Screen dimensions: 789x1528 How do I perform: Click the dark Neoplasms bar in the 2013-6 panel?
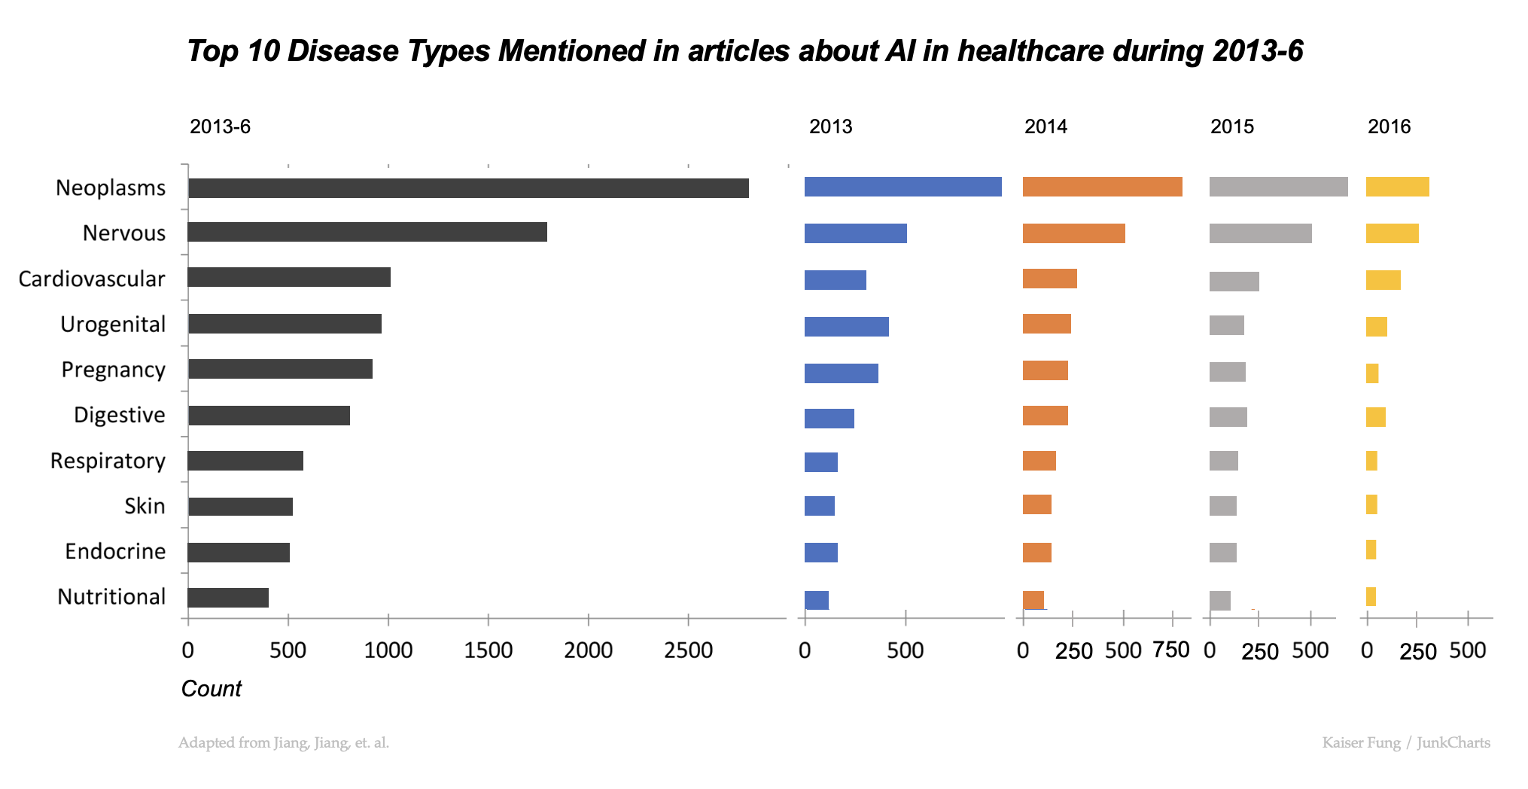468,188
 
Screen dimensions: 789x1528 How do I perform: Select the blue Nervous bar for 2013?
855,233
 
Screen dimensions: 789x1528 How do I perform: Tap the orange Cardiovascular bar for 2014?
1049,279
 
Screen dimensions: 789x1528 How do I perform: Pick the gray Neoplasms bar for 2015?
1278,187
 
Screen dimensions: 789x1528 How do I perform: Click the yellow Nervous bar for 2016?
1392,233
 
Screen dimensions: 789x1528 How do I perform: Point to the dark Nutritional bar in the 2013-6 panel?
228,598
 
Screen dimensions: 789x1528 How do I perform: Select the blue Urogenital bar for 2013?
846,327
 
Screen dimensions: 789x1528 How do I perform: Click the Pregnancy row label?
113,370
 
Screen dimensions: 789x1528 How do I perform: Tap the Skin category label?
145,506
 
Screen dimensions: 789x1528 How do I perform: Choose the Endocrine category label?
115,551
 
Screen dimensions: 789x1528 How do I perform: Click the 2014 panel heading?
1046,126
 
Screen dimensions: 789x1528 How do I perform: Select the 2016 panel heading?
1389,126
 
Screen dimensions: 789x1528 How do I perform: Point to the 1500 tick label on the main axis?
488,650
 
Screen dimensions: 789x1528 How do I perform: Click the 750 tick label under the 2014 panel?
1171,650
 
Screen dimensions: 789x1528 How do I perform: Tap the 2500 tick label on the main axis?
688,650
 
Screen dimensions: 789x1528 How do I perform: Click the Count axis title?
212,689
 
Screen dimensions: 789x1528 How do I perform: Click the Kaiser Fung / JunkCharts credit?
1405,743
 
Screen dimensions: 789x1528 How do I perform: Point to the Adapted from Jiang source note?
284,743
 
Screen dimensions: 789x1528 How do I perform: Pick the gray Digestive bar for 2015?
1228,417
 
